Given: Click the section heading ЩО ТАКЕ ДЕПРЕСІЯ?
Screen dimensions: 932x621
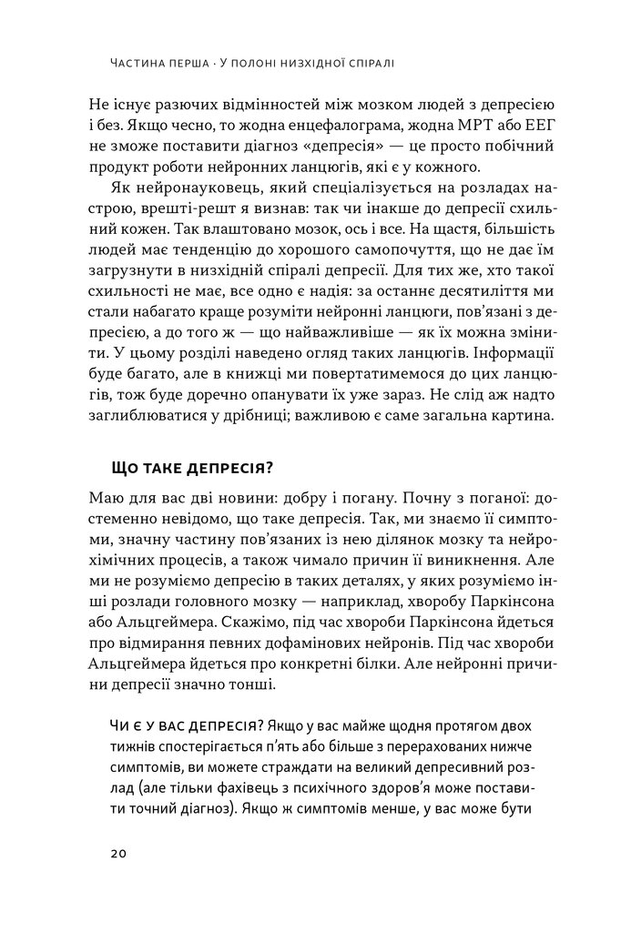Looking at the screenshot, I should click(x=192, y=468).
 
